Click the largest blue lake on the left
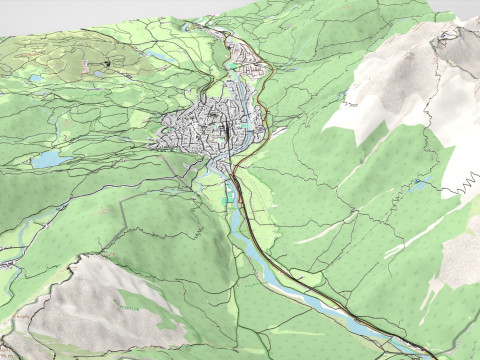(x=50, y=159)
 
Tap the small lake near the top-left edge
(x=37, y=78)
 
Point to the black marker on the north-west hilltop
(x=104, y=65)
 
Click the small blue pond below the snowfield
(x=420, y=184)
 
